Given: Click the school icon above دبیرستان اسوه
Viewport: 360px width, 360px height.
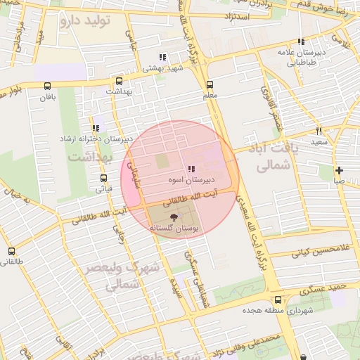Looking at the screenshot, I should click(x=191, y=169).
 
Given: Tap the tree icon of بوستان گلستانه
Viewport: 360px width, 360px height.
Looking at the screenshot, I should click(x=174, y=217).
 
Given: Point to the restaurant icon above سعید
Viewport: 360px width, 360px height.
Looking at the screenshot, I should click(x=319, y=131).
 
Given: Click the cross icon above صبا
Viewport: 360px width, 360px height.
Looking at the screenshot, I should click(x=339, y=170).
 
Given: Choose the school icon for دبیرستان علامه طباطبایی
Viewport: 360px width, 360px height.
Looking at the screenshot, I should click(x=302, y=42).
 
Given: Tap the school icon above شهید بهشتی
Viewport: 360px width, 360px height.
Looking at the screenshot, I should click(x=162, y=57).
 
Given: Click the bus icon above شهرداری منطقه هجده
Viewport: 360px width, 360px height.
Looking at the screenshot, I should click(x=278, y=300).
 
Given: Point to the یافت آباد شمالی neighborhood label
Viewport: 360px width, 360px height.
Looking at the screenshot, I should click(x=267, y=157).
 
